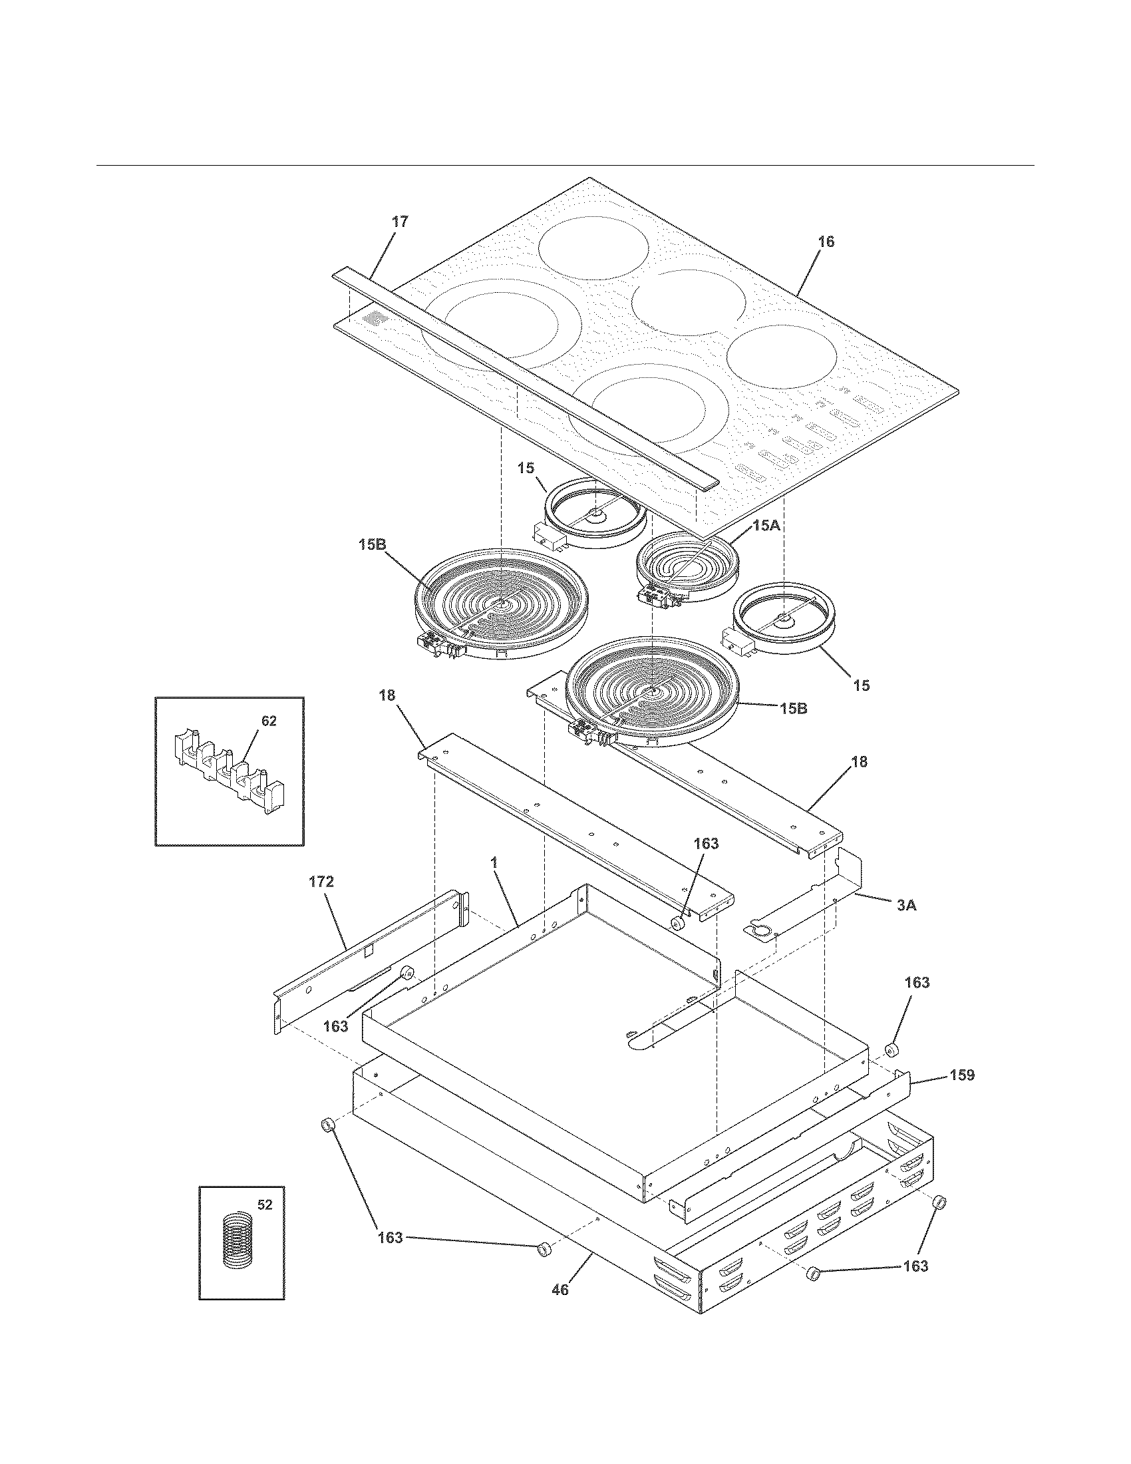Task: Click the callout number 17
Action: (399, 222)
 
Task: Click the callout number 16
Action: (826, 242)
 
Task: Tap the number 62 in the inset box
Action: (268, 721)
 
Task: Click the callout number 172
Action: (321, 882)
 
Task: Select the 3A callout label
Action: (906, 905)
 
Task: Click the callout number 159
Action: (961, 1075)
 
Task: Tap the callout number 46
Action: (560, 1289)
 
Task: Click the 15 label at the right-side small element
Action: (861, 685)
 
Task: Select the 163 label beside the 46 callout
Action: (390, 1238)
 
